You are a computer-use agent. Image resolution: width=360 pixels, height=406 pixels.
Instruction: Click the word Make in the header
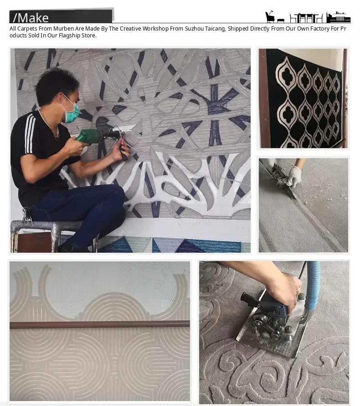(x=33, y=18)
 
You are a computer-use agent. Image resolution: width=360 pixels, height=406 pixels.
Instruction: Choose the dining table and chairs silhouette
(x=306, y=18)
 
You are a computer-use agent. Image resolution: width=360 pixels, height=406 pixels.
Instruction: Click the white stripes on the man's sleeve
(x=30, y=133)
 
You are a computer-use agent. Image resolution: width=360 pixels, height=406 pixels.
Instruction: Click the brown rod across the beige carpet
(x=100, y=324)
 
